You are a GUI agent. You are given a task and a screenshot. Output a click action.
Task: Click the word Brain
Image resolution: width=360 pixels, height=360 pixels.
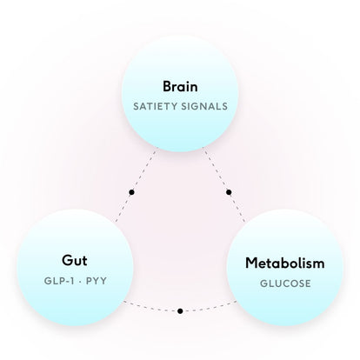180,86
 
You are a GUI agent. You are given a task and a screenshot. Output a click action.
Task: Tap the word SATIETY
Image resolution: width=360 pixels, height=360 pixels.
155,106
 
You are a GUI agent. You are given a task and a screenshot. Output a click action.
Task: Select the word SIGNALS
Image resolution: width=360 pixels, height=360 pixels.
204,106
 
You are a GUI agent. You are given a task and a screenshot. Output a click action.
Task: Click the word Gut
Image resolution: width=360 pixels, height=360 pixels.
75,260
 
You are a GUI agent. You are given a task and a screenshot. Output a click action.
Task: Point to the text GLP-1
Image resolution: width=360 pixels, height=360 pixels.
59,281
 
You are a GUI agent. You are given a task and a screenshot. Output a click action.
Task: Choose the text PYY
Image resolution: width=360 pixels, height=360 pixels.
97,281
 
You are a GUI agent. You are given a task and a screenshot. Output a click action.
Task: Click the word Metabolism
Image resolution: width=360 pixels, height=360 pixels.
285,263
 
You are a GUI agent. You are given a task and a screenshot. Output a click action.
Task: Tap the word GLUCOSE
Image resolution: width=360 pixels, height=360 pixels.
285,283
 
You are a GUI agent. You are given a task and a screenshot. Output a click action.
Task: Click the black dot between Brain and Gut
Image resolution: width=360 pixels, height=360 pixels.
131,192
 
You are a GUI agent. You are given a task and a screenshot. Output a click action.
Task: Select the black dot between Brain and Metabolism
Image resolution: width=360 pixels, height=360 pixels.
229,192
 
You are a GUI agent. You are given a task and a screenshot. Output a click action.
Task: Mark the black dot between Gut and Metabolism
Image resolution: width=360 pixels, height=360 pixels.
180,311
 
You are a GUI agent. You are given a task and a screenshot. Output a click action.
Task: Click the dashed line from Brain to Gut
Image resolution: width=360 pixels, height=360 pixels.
137,185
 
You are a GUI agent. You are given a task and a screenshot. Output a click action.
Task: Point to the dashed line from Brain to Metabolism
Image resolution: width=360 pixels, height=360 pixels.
223,185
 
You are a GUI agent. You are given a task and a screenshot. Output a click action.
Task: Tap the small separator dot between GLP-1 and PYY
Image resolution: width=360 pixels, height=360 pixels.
80,281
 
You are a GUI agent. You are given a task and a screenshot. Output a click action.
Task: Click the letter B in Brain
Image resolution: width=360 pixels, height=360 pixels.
167,86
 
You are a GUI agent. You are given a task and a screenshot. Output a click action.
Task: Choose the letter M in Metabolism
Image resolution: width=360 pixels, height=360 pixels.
251,263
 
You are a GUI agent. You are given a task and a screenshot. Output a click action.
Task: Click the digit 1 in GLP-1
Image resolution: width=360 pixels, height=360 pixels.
72,281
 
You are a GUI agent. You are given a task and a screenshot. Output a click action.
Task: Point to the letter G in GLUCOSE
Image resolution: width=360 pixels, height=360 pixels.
263,283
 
